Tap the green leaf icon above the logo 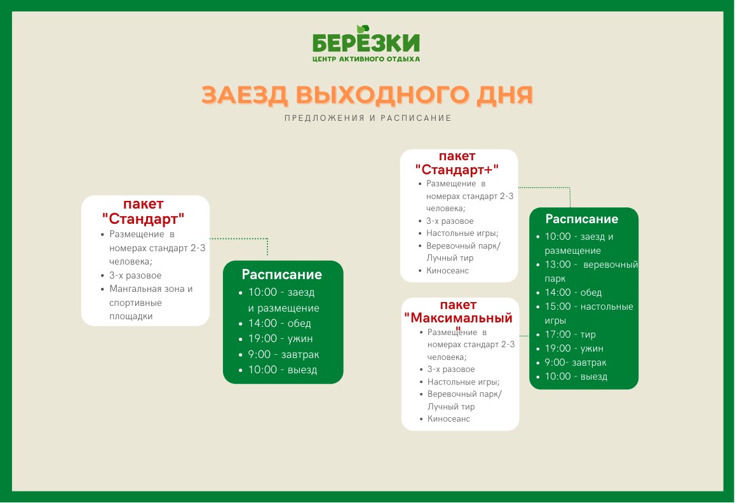(x=363, y=29)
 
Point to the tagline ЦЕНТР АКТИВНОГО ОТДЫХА (x=366, y=59)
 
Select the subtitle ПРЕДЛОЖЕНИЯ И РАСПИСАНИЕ (x=368, y=118)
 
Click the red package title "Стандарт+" (x=457, y=169)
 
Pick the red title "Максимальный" (x=459, y=318)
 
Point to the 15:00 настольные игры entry (x=589, y=314)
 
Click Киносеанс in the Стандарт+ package (x=447, y=271)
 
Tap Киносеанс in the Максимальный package (x=448, y=419)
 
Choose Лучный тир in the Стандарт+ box (x=450, y=258)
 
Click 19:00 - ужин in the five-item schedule (x=280, y=339)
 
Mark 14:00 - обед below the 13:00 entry (x=573, y=293)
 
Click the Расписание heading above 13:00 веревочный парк (x=582, y=219)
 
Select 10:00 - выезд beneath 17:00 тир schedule (x=576, y=377)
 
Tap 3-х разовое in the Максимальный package (x=451, y=369)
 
